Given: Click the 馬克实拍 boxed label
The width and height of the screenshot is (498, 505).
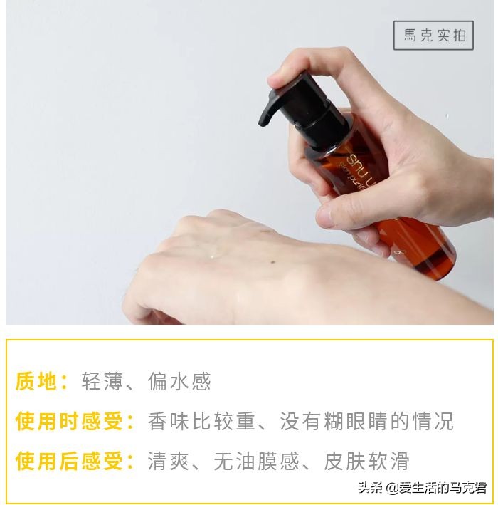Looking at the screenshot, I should (x=433, y=35).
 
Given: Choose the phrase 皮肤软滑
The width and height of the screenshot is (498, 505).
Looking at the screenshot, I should (x=366, y=460).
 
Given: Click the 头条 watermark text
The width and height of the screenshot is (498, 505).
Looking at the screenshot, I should (x=370, y=488).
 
